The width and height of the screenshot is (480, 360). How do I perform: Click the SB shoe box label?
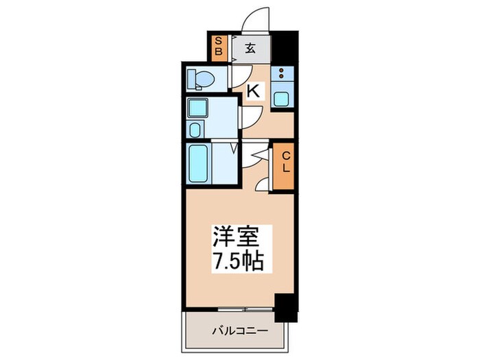(219, 46)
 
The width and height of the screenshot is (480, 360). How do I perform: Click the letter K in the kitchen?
(254, 90)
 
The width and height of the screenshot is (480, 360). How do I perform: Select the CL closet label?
(286, 163)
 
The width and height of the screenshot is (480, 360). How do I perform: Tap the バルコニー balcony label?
(237, 331)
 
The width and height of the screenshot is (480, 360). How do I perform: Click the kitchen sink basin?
(282, 97)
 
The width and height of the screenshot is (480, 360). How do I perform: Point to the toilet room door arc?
(240, 76)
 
